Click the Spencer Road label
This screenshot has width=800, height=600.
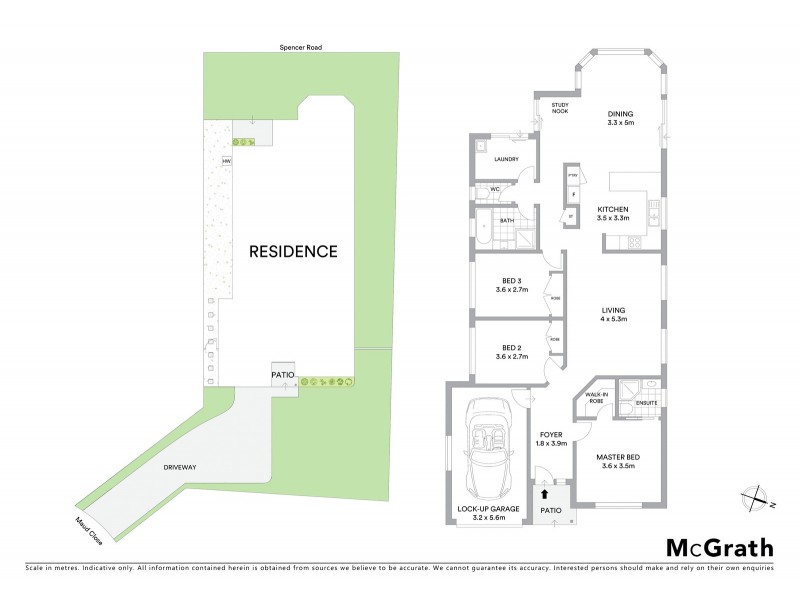[x=301, y=47]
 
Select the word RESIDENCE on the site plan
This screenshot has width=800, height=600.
[x=293, y=251]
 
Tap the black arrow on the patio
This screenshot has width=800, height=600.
[x=545, y=492]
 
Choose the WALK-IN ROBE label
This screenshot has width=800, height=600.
[x=596, y=396]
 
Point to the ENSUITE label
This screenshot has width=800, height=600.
[x=646, y=403]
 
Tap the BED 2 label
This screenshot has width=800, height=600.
[x=512, y=349]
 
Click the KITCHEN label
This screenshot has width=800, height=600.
[x=613, y=210]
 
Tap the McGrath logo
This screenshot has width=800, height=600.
[x=720, y=547]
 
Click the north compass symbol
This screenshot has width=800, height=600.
[x=758, y=496]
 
